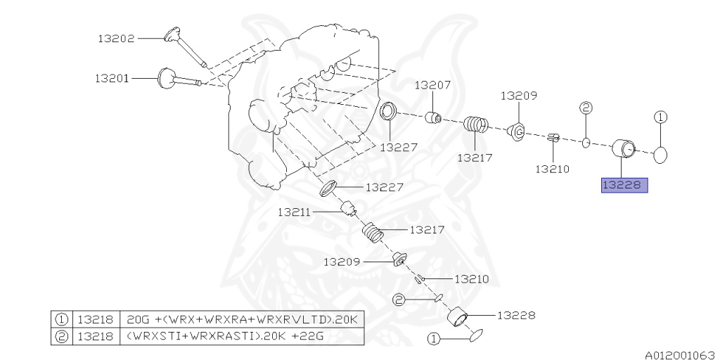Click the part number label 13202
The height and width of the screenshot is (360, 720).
tap(116, 40)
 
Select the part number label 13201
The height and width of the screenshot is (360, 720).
tap(112, 79)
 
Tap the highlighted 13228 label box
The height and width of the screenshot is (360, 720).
tap(624, 186)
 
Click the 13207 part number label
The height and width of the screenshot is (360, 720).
tap(432, 85)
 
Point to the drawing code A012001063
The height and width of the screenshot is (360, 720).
tap(680, 353)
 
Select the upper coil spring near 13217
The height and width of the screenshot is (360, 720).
tap(476, 125)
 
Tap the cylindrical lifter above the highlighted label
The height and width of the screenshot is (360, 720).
tap(622, 149)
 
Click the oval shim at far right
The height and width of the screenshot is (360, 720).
tap(662, 155)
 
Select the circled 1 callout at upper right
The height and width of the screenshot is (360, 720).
tap(662, 117)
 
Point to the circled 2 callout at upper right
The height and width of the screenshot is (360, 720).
tap(586, 108)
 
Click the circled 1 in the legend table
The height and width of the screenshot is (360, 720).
tap(61, 320)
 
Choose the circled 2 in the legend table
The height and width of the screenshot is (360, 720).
tap(61, 337)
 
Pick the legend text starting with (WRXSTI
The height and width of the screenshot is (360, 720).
tap(225, 337)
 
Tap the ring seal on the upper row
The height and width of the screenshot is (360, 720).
tap(388, 112)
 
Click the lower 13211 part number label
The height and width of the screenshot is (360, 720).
tap(293, 211)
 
